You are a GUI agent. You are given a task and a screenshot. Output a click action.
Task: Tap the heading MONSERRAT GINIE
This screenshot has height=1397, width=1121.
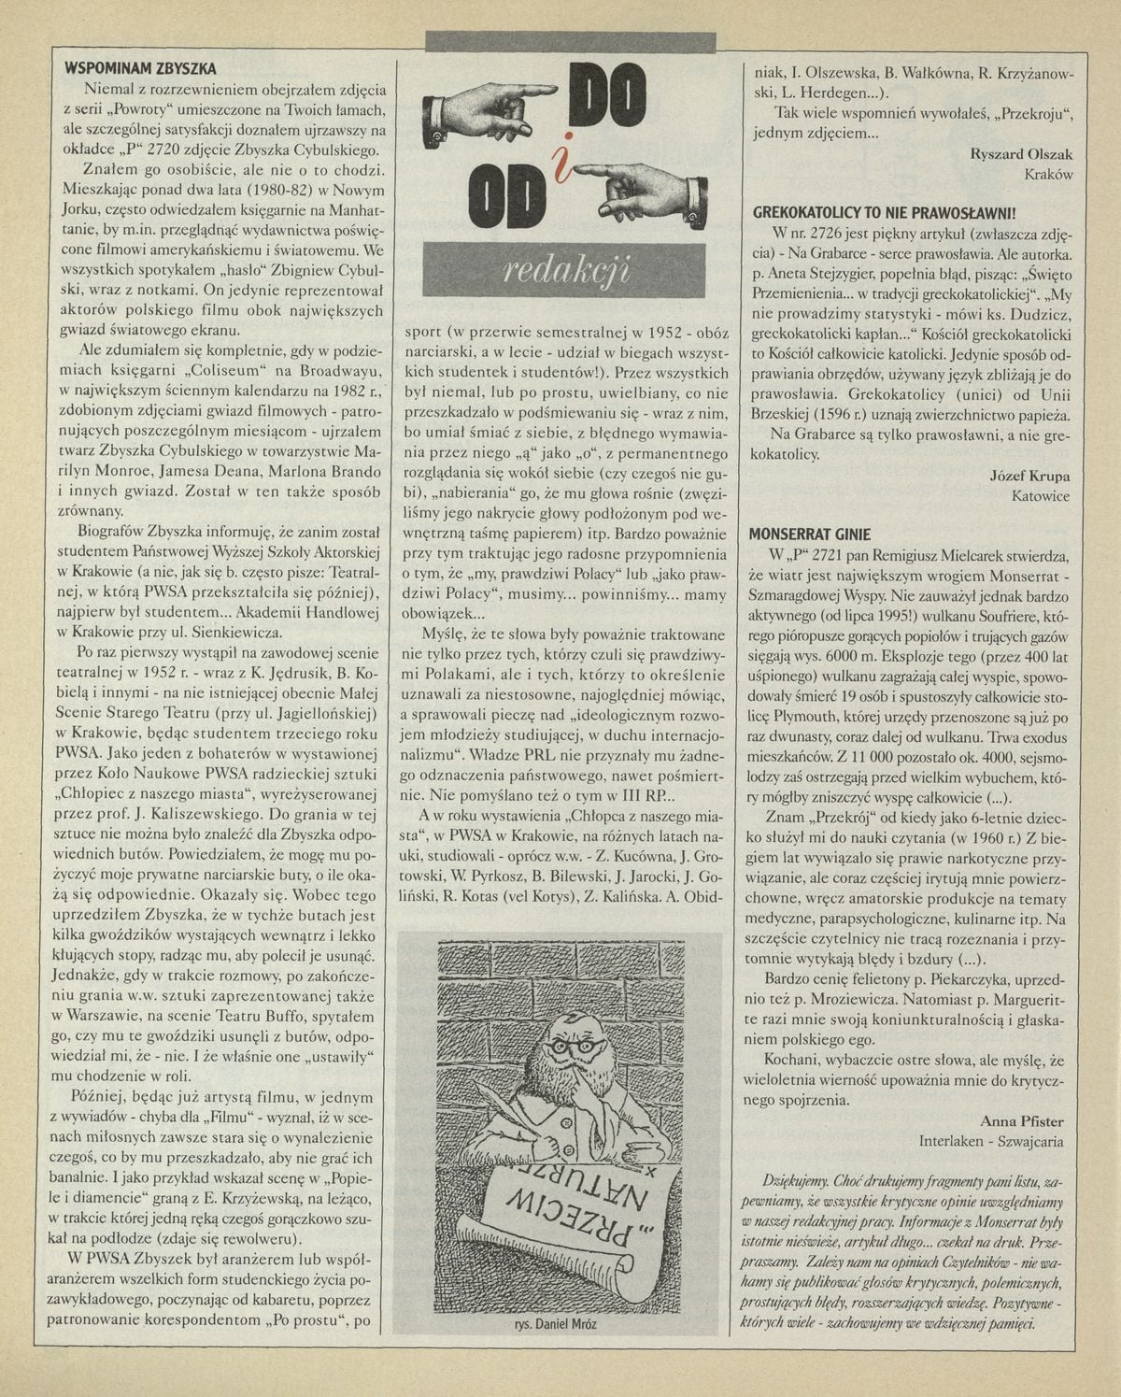pyautogui.click(x=810, y=534)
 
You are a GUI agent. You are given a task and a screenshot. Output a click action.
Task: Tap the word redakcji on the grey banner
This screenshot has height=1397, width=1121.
pyautogui.click(x=566, y=269)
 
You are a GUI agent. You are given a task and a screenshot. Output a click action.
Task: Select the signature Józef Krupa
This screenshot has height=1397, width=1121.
pyautogui.click(x=1029, y=476)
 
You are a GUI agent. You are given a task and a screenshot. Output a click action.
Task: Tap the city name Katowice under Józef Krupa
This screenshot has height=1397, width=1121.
pyautogui.click(x=1041, y=496)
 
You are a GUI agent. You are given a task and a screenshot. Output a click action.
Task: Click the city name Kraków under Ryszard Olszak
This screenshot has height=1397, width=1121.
pyautogui.click(x=1048, y=175)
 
